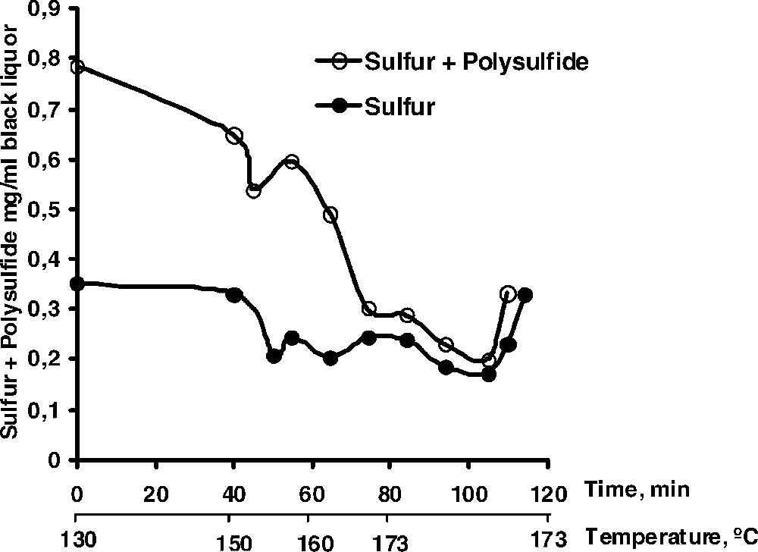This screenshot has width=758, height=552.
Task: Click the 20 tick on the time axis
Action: coord(155,493)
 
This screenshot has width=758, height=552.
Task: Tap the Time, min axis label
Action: coord(637,489)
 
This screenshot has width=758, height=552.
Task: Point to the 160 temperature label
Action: coord(315,541)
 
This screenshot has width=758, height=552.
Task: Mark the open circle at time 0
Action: coord(77,67)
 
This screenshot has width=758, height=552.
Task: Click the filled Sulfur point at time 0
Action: coord(77,284)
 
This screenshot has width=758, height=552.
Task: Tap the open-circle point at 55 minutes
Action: coord(292,162)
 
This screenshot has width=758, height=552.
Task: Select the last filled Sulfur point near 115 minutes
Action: coord(525,296)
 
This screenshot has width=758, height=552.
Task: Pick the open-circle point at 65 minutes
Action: coord(330,215)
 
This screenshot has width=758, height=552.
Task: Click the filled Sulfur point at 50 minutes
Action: coord(274,356)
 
